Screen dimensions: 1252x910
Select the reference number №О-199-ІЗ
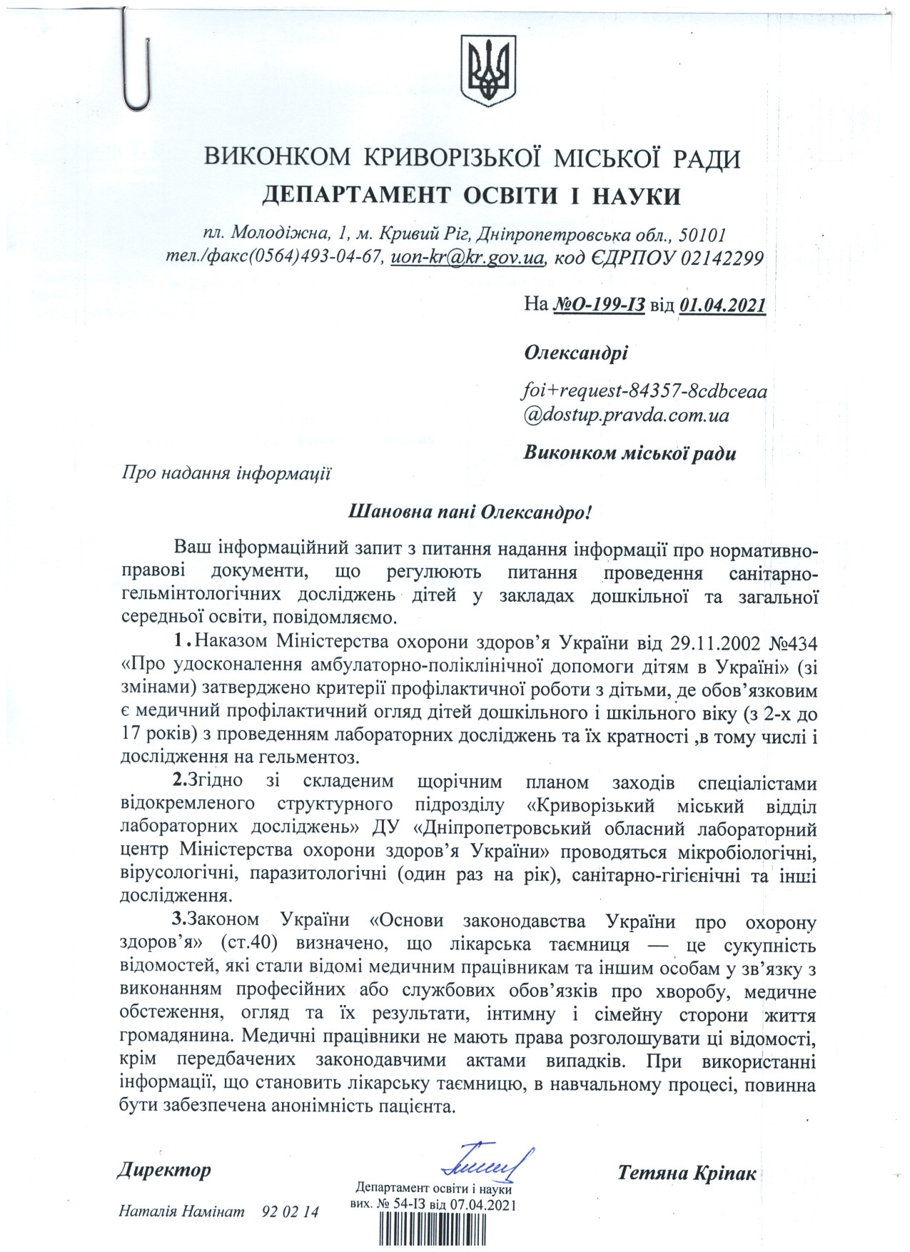pos(600,306)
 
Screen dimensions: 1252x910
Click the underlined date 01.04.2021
pos(722,306)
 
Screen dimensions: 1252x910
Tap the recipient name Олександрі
pos(576,353)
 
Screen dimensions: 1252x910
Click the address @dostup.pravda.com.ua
pos(627,415)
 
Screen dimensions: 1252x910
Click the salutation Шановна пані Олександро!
pos(470,512)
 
